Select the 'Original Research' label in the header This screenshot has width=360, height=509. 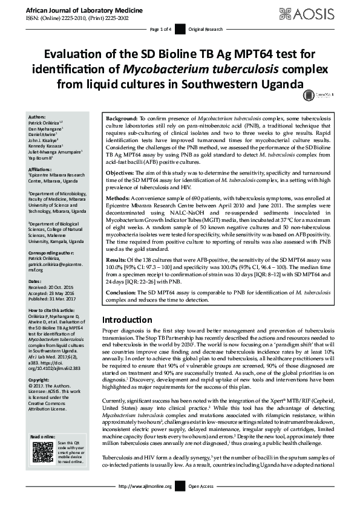(205, 29)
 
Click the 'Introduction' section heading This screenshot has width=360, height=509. (131, 319)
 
